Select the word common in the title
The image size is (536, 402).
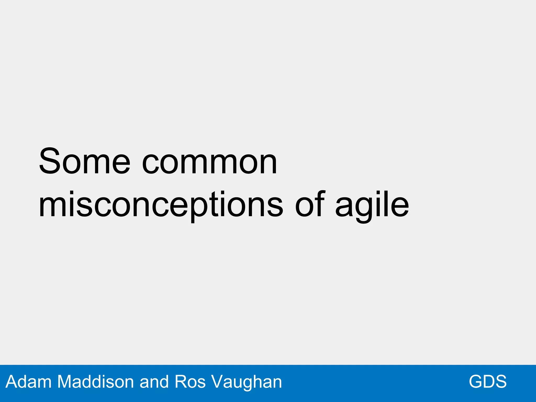209,163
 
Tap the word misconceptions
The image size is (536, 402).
161,205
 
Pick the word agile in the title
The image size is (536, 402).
372,205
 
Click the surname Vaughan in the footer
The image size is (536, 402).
247,382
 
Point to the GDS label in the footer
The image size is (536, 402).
488,382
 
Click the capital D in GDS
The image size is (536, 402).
488,382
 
